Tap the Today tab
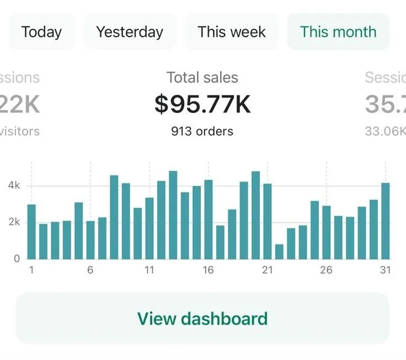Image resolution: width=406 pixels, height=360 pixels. (41, 32)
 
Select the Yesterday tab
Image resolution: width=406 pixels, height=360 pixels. (130, 32)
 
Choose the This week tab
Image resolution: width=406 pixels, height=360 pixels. (232, 32)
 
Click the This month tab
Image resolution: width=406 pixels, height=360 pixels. (338, 32)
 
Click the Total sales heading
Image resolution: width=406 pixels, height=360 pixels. (202, 78)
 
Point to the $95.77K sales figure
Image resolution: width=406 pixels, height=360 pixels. (202, 104)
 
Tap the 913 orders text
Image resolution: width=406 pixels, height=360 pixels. (202, 131)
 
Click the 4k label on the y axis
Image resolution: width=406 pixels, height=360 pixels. (14, 186)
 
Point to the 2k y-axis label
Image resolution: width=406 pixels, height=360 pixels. (14, 222)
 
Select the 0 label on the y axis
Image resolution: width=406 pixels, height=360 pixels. (17, 258)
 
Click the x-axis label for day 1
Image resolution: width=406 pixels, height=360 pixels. (31, 270)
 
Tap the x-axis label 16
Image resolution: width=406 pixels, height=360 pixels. (208, 270)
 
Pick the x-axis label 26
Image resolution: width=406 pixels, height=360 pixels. (326, 270)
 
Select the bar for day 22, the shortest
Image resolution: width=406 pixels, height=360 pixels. (279, 252)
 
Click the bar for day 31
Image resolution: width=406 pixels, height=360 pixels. (386, 221)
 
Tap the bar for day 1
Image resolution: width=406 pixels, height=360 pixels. (31, 232)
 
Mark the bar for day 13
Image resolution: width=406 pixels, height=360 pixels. (173, 215)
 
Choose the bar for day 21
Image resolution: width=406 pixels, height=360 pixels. (268, 221)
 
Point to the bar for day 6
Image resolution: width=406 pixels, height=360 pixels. (90, 240)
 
